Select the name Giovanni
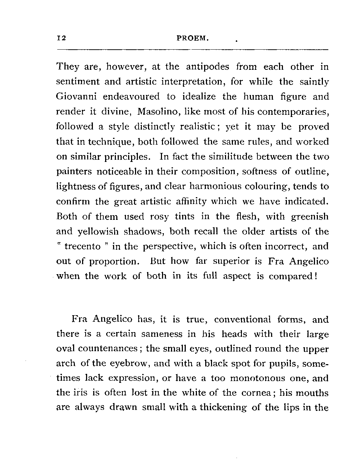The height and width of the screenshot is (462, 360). click(77, 97)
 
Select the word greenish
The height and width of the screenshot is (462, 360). click(309, 217)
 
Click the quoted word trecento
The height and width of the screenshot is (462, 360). click(82, 246)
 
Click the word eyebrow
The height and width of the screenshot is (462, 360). click(126, 363)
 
